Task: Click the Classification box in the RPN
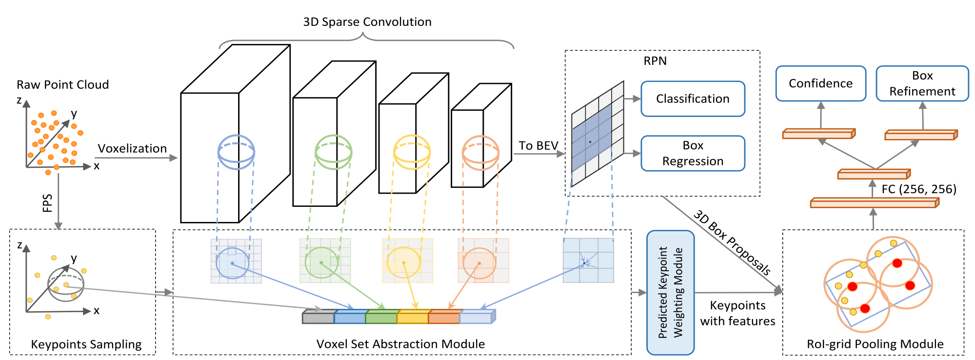coord(693,99)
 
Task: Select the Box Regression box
coord(693,153)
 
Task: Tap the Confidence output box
coord(821,83)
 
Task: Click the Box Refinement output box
coord(922,83)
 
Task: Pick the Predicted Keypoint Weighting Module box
coord(671,293)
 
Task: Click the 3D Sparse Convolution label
coord(367,22)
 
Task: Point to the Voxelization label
coord(132,148)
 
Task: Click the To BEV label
coord(538,145)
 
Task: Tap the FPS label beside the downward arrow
coord(47,203)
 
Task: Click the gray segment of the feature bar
coord(318,317)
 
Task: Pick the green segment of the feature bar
coord(381,317)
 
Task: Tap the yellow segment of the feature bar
coord(413,317)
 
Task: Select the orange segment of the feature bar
coord(444,317)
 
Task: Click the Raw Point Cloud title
coord(63,84)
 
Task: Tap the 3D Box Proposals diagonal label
coord(732,242)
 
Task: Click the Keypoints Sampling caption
coord(86,344)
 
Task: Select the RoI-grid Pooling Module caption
coord(875,344)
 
